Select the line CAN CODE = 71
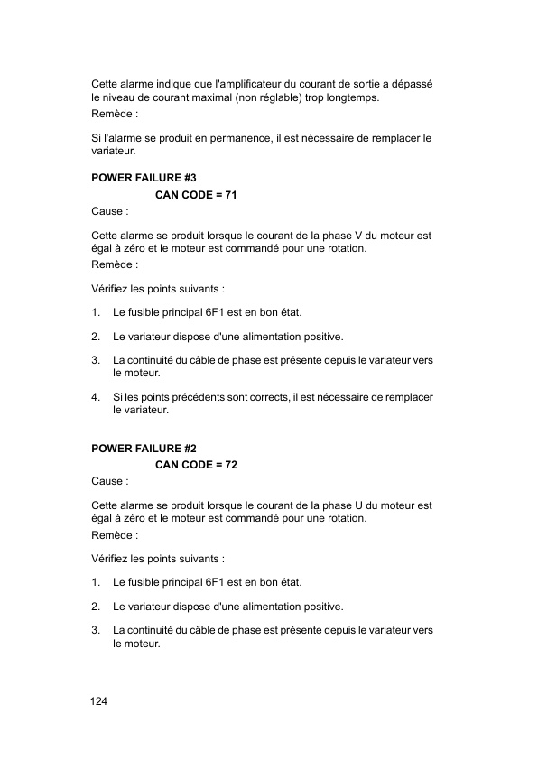pyautogui.click(x=197, y=195)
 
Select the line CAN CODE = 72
pyautogui.click(x=197, y=465)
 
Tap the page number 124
pyautogui.click(x=98, y=701)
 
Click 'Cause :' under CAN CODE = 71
pyautogui.click(x=110, y=211)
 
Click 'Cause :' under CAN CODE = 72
pyautogui.click(x=110, y=481)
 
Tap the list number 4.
pyautogui.click(x=96, y=397)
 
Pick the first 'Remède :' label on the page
pyautogui.click(x=115, y=116)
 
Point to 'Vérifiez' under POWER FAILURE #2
pyautogui.click(x=113, y=559)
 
